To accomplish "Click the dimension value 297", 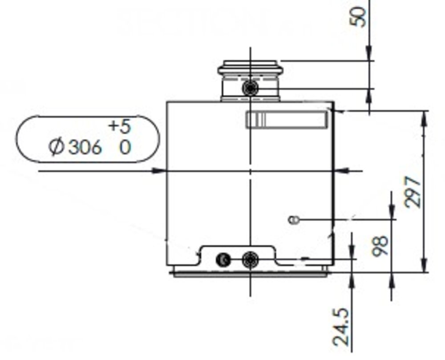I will point(413,192).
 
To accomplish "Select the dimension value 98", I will point(380,246).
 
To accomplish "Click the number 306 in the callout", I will point(85,147).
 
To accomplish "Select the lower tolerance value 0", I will point(125,147).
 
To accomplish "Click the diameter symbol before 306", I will point(57,147).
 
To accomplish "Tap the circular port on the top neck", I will point(250,89).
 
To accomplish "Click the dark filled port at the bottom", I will point(223,259).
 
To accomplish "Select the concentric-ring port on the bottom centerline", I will point(250,259).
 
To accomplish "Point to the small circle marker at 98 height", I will point(292,219).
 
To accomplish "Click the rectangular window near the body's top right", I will point(287,120).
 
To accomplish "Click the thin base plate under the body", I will point(250,274).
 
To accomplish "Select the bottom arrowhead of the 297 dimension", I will point(424,266).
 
